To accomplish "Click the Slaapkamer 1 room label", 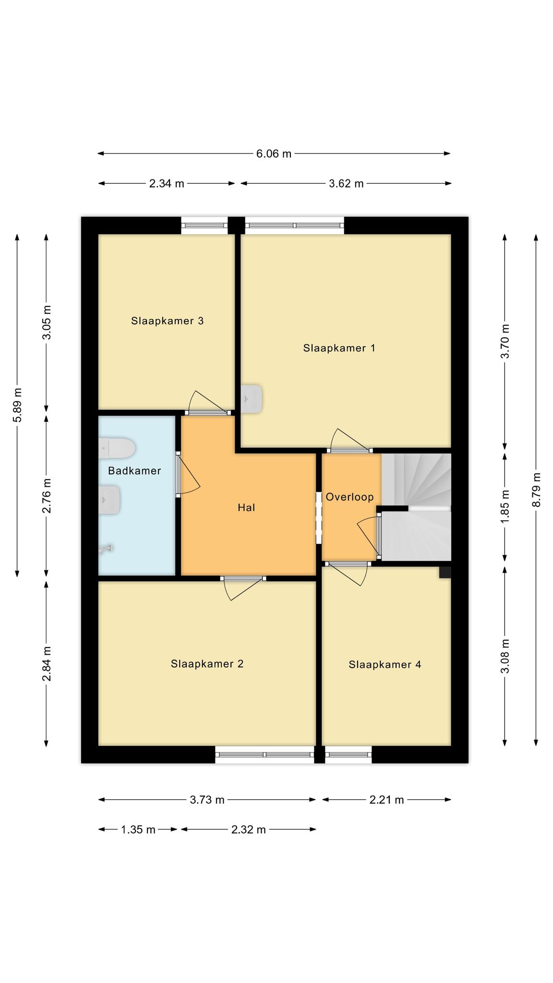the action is point(339,348).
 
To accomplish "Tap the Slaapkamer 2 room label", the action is point(207,664).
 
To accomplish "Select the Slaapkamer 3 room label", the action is point(167,321).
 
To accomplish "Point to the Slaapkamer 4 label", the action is point(385,665).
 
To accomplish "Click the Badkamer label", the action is point(134,471).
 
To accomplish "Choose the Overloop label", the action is point(349,497).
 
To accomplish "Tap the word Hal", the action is point(246,507).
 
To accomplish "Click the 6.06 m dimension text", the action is point(274,154).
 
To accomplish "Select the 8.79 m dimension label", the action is point(536,490).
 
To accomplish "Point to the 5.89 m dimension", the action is point(18,405).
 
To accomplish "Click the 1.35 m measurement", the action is point(138,830).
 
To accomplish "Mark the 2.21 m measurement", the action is point(386,800).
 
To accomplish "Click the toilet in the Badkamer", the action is point(117,448).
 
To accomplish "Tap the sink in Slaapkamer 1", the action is point(252,398).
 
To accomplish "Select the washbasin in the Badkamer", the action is point(109,500).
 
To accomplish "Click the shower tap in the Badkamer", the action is point(106,549).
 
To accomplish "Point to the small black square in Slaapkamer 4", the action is point(445,572).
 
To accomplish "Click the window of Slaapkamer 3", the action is point(204,226).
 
